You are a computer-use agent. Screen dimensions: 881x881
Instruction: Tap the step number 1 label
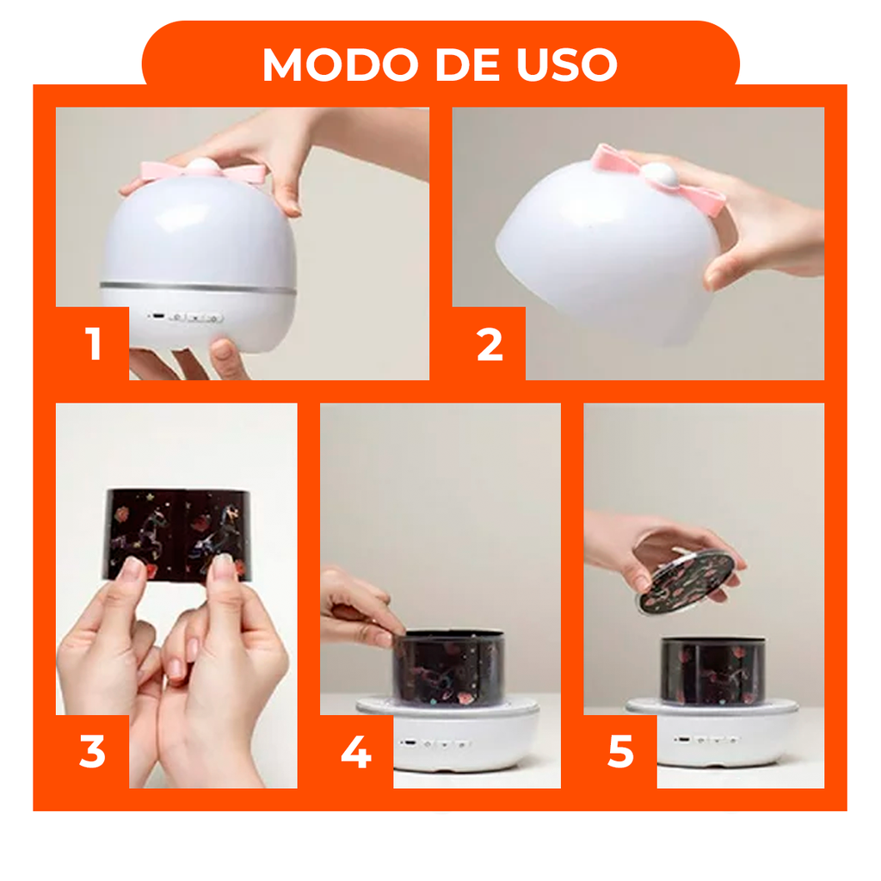pos(93,344)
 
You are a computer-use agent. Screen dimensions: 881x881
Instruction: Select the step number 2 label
pos(489,344)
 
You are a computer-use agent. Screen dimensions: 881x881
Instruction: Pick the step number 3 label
pos(92,752)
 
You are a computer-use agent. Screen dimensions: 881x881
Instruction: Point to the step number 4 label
pos(356,752)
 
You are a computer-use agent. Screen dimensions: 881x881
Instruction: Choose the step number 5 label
pos(620,752)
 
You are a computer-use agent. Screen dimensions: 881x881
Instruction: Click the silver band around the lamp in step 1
pos(198,286)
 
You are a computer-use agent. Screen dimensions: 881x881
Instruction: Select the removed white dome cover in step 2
pos(602,250)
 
